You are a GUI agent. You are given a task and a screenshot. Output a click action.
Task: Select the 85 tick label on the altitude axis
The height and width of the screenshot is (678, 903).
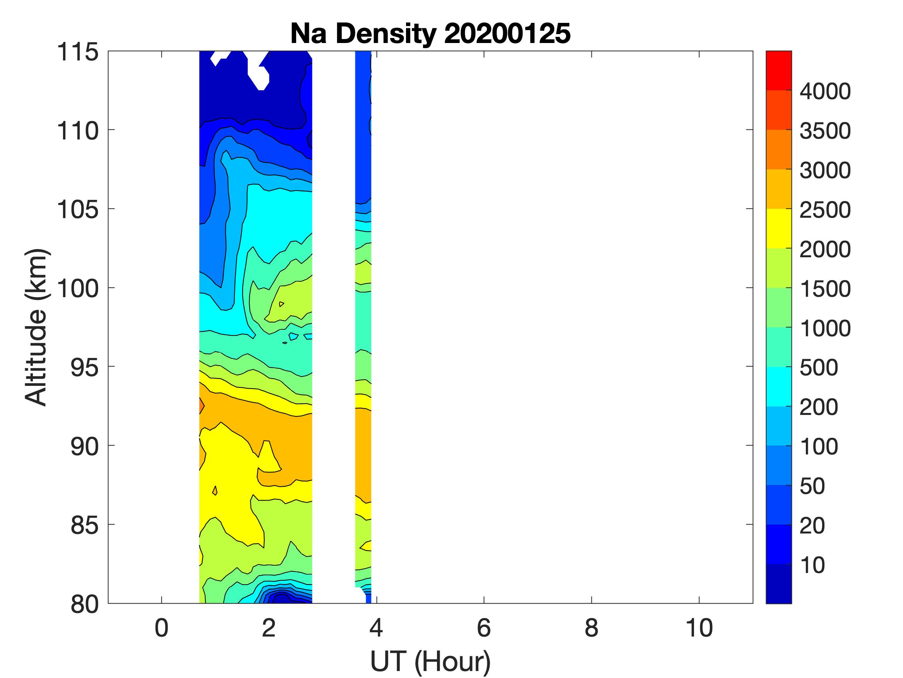click(84, 525)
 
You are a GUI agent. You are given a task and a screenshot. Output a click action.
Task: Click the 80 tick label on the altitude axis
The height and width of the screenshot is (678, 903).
click(84, 604)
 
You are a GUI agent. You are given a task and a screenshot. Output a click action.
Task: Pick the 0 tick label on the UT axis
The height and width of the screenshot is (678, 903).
click(162, 628)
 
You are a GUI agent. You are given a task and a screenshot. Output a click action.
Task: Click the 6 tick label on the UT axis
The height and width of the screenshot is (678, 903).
click(484, 628)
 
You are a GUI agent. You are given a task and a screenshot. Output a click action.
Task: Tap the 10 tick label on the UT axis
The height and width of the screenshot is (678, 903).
click(699, 628)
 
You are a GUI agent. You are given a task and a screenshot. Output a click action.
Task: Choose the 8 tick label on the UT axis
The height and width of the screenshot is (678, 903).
click(591, 628)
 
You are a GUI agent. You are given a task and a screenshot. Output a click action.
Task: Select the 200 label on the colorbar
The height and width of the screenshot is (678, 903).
click(819, 407)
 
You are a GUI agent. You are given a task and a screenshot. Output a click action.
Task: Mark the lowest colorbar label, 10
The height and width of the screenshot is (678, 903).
click(812, 565)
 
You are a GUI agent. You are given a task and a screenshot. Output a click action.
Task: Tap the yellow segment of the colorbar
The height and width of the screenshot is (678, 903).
click(778, 229)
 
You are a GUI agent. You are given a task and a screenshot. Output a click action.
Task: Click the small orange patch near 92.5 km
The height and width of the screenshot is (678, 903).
click(201, 405)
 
